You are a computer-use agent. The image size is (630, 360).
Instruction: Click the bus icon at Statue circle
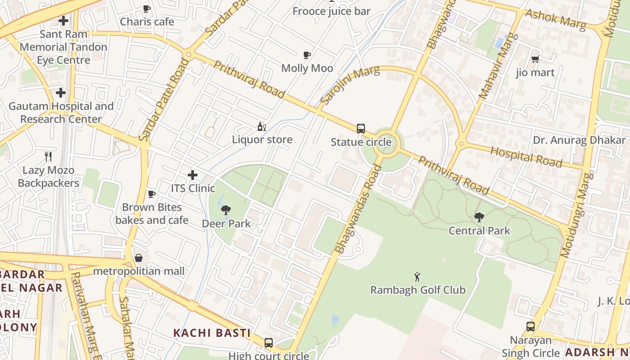click(360, 129)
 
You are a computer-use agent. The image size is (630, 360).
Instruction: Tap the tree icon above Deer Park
click(226, 210)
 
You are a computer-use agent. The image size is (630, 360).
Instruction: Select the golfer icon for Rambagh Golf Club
click(417, 277)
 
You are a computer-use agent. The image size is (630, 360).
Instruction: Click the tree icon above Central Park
click(479, 217)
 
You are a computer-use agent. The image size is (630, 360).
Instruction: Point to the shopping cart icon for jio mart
click(535, 59)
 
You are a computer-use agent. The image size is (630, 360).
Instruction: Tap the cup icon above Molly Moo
click(307, 55)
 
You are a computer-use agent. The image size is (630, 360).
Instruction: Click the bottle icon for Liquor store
click(261, 126)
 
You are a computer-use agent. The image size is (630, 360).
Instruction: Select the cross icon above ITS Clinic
click(193, 175)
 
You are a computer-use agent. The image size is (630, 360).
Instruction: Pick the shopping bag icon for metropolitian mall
click(139, 258)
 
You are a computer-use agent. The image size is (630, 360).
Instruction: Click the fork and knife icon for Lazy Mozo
click(48, 157)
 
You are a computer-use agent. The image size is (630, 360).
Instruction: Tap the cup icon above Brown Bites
click(152, 194)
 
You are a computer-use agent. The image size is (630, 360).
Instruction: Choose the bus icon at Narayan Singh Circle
click(531, 327)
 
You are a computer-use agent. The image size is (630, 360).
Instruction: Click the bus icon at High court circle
click(269, 342)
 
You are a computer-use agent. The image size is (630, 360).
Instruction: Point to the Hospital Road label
click(526, 156)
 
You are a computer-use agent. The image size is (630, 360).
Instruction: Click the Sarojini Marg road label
click(351, 83)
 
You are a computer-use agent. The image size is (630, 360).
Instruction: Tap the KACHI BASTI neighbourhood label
click(212, 333)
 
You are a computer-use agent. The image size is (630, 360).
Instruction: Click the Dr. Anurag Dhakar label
click(579, 140)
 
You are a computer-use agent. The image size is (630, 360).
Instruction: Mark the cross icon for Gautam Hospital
click(61, 93)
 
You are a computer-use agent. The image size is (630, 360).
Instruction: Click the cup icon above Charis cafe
click(147, 9)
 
